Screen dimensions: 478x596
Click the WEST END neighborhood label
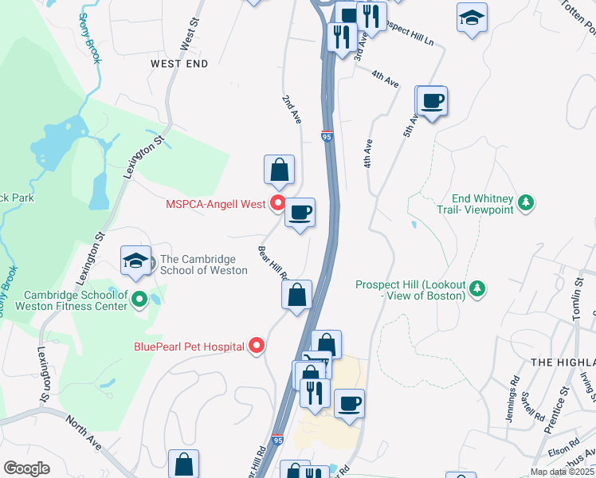[179, 63]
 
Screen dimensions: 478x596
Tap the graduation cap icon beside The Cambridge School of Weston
[135, 261]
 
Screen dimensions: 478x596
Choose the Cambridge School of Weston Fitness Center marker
[139, 300]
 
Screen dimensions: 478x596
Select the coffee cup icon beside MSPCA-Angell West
[300, 213]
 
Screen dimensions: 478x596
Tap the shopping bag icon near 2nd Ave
[279, 170]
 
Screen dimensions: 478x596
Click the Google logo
[26, 468]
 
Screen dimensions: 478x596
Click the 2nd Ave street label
[292, 109]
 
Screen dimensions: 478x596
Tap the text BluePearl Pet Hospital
[188, 347]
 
